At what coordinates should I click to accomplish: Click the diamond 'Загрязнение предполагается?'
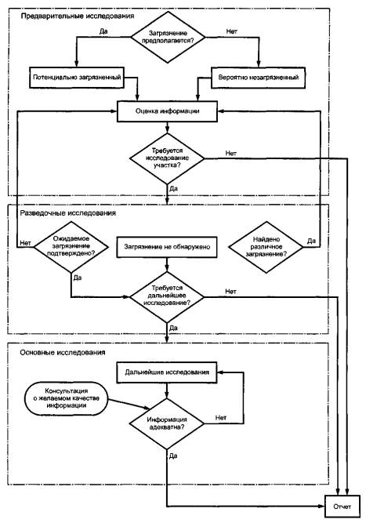pyautogui.click(x=168, y=37)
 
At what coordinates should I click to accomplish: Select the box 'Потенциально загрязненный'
pyautogui.click(x=77, y=78)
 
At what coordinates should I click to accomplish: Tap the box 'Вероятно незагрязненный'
pyautogui.click(x=258, y=78)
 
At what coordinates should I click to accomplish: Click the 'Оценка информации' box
pyautogui.click(x=167, y=111)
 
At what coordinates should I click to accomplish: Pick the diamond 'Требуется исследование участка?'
pyautogui.click(x=167, y=158)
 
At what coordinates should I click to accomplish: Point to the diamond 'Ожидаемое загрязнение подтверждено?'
pyautogui.click(x=71, y=246)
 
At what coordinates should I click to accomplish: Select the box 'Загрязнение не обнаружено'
pyautogui.click(x=167, y=247)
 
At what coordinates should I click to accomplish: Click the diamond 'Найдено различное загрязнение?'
pyautogui.click(x=266, y=247)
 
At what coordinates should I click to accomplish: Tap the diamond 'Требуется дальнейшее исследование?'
pyautogui.click(x=167, y=296)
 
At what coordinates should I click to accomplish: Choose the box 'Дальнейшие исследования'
pyautogui.click(x=167, y=372)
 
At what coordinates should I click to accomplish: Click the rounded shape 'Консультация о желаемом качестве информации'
pyautogui.click(x=67, y=398)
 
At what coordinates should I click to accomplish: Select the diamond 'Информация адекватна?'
pyautogui.click(x=167, y=423)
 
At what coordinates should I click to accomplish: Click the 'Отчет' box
pyautogui.click(x=342, y=507)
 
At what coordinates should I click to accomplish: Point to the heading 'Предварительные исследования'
pyautogui.click(x=78, y=16)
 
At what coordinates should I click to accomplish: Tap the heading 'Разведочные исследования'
pyautogui.click(x=68, y=213)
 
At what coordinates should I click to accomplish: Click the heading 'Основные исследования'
pyautogui.click(x=63, y=353)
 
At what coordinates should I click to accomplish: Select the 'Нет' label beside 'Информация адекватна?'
pyautogui.click(x=221, y=418)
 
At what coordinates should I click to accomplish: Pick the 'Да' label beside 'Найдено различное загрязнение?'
pyautogui.click(x=311, y=241)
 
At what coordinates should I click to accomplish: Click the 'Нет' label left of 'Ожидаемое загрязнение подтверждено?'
pyautogui.click(x=25, y=243)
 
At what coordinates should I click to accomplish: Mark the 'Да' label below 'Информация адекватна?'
pyautogui.click(x=173, y=456)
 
